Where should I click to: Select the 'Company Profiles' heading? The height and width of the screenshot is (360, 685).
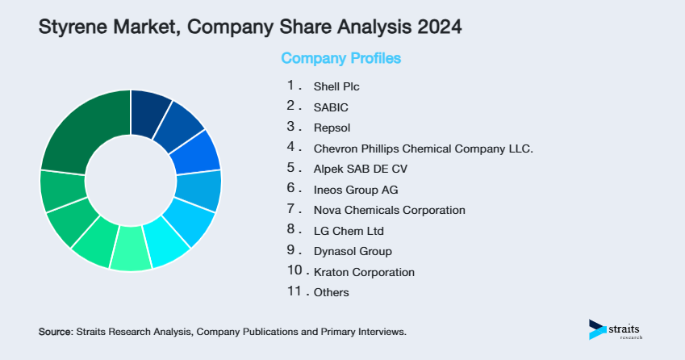tap(340, 59)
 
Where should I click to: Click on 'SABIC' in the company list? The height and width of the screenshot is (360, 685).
tap(331, 107)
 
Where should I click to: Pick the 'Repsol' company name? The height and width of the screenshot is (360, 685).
tap(332, 128)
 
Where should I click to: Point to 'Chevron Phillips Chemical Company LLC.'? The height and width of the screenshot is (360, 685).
tap(424, 149)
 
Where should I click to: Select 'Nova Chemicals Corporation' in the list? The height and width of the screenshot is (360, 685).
tap(389, 210)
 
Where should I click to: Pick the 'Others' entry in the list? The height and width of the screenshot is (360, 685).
tap(332, 293)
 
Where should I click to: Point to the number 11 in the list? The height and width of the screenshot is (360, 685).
tap(294, 292)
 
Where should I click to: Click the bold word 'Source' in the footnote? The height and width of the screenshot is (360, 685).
tap(55, 332)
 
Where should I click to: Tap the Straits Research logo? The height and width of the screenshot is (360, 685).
tap(618, 330)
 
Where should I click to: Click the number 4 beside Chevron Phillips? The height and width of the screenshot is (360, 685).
tap(291, 148)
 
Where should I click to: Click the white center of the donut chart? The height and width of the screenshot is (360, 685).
tap(131, 180)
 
